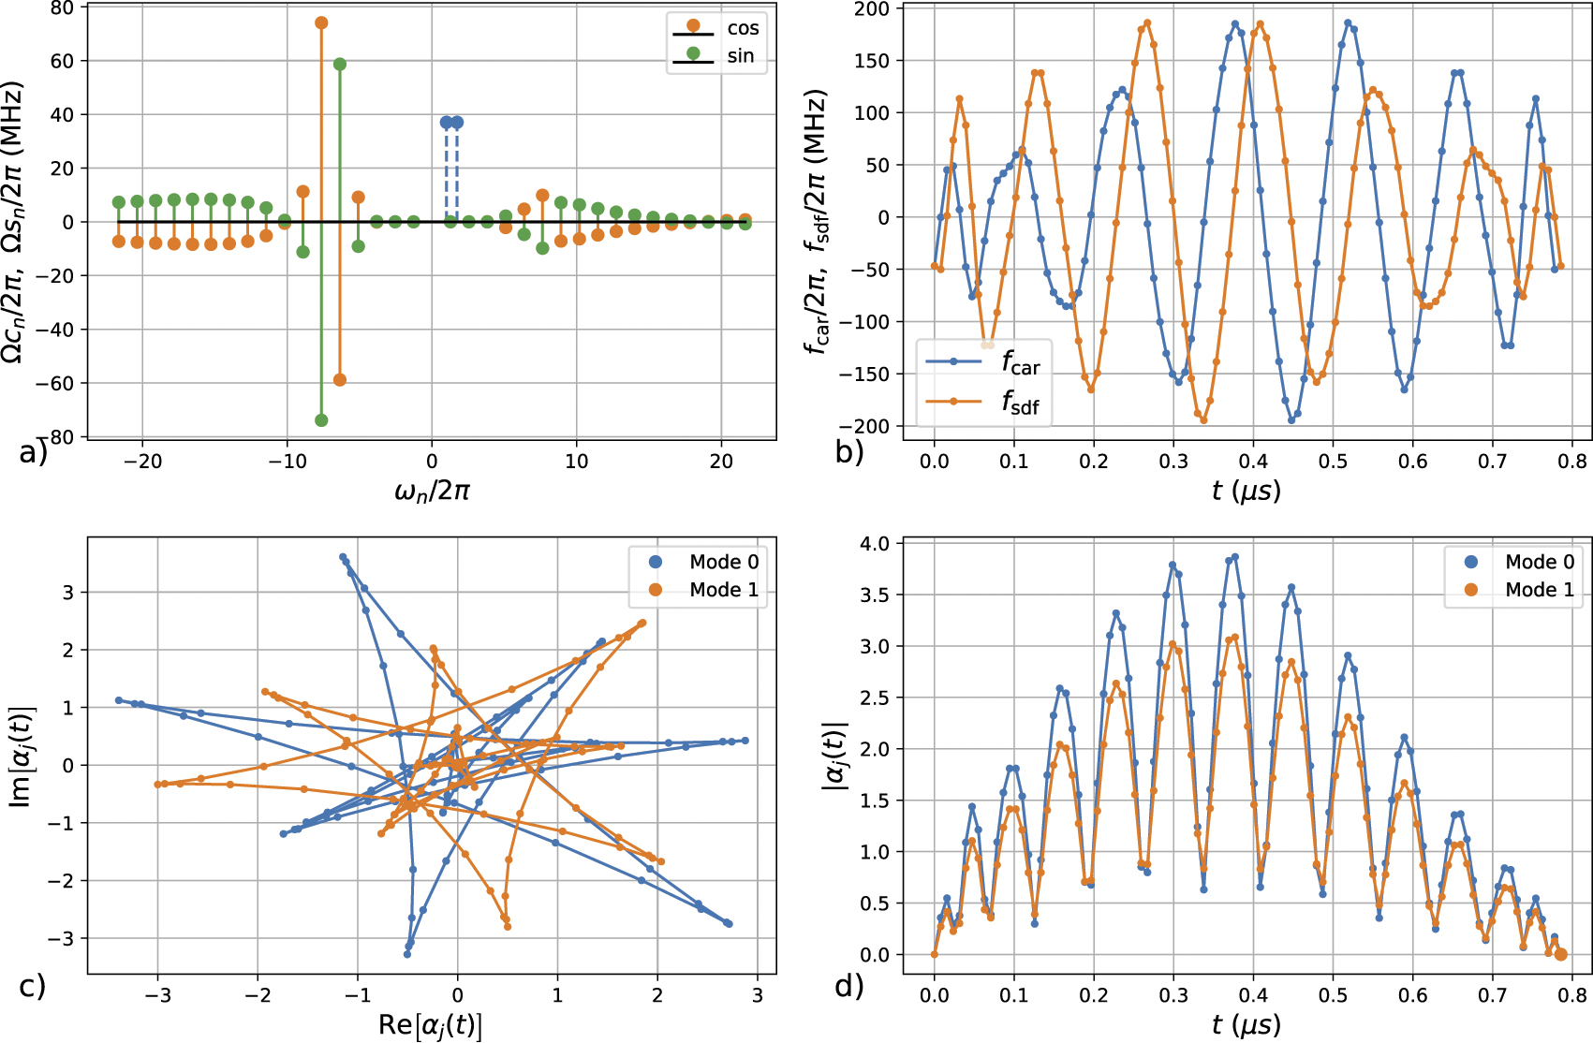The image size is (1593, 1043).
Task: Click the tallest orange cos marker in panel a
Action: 321,22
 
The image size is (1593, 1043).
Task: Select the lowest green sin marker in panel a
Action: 321,420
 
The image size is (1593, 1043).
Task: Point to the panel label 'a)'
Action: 33,453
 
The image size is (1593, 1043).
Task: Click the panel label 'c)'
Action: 33,986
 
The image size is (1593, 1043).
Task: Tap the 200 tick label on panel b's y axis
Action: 872,8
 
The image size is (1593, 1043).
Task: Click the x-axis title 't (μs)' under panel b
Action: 1246,490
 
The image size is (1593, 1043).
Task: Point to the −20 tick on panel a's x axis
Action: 142,461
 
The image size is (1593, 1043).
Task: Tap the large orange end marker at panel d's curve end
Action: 1560,954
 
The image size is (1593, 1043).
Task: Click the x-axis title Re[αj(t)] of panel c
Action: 431,1025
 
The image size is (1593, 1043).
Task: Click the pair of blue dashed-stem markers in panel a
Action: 451,123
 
